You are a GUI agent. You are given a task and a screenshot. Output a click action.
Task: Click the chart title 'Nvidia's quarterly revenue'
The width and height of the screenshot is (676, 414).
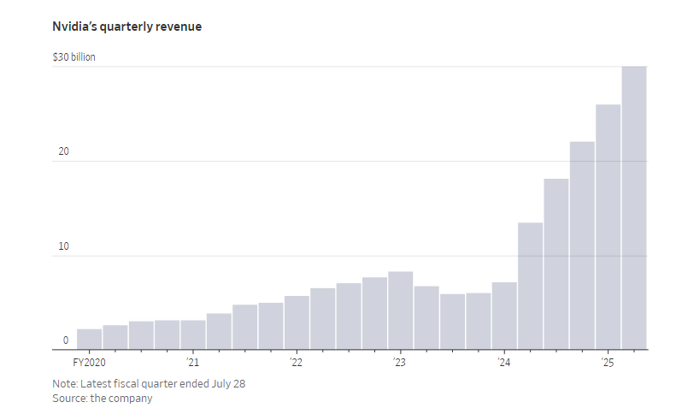click(x=126, y=27)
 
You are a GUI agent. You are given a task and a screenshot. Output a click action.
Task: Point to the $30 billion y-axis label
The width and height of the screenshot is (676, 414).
click(x=74, y=57)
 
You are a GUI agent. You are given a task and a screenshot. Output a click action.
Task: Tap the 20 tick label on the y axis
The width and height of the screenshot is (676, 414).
click(x=62, y=152)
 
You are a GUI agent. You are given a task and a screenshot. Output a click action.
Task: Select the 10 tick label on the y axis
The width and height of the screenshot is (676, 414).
click(x=62, y=246)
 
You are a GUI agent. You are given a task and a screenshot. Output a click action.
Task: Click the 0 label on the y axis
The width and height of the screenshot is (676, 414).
click(x=65, y=340)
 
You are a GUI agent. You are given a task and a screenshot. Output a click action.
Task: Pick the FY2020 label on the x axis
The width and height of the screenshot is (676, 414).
click(x=90, y=363)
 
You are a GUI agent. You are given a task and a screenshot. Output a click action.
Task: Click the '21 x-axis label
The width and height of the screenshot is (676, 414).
click(x=191, y=363)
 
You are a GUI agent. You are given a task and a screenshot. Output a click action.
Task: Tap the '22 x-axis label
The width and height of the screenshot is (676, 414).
click(x=296, y=363)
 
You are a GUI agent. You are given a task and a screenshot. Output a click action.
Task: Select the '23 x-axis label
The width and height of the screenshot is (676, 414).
click(x=399, y=363)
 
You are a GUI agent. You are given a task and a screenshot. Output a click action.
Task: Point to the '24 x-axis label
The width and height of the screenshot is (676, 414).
click(x=503, y=363)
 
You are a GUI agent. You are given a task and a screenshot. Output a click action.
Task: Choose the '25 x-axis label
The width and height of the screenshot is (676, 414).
click(x=607, y=363)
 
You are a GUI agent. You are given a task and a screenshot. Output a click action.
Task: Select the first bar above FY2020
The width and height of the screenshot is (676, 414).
click(x=89, y=340)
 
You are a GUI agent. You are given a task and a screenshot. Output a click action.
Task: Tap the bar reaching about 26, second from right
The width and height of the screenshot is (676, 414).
click(x=608, y=227)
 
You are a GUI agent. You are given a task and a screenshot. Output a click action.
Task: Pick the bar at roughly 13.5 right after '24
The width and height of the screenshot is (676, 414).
click(x=530, y=286)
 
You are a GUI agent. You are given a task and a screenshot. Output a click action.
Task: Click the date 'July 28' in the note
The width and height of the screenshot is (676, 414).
click(x=228, y=383)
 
